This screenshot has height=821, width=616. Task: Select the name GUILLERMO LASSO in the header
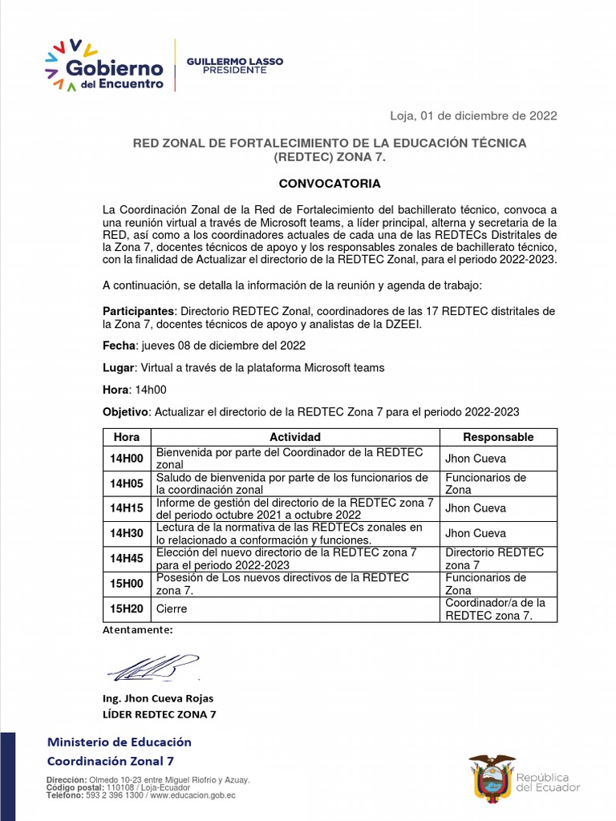[x=234, y=62]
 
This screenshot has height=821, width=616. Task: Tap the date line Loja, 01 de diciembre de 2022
[x=473, y=115]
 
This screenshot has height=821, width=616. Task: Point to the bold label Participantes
[x=138, y=310]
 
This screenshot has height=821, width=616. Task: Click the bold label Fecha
[x=120, y=346]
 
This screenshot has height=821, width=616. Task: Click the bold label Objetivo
[x=126, y=412]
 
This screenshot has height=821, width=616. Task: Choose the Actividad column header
[x=294, y=437]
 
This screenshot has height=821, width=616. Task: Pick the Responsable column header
[x=498, y=437]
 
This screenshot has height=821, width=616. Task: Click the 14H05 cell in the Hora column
[x=127, y=483]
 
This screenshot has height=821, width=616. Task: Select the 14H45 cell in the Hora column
[x=127, y=559]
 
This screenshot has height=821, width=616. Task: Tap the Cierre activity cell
[x=172, y=609]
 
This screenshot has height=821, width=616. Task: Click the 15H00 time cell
[x=127, y=584]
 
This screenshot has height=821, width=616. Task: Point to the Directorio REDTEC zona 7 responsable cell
[x=494, y=559]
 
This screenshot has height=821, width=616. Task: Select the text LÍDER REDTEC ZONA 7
[x=159, y=714]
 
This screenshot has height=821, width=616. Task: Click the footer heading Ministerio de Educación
[x=120, y=742]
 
